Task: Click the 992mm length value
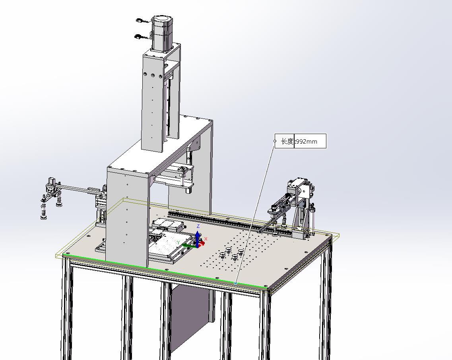(307, 141)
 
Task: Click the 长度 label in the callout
(287, 141)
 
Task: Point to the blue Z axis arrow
(198, 238)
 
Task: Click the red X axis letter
(206, 239)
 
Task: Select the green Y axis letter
(178, 242)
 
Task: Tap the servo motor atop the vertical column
(162, 33)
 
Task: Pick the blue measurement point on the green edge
(235, 283)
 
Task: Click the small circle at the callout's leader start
(275, 141)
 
